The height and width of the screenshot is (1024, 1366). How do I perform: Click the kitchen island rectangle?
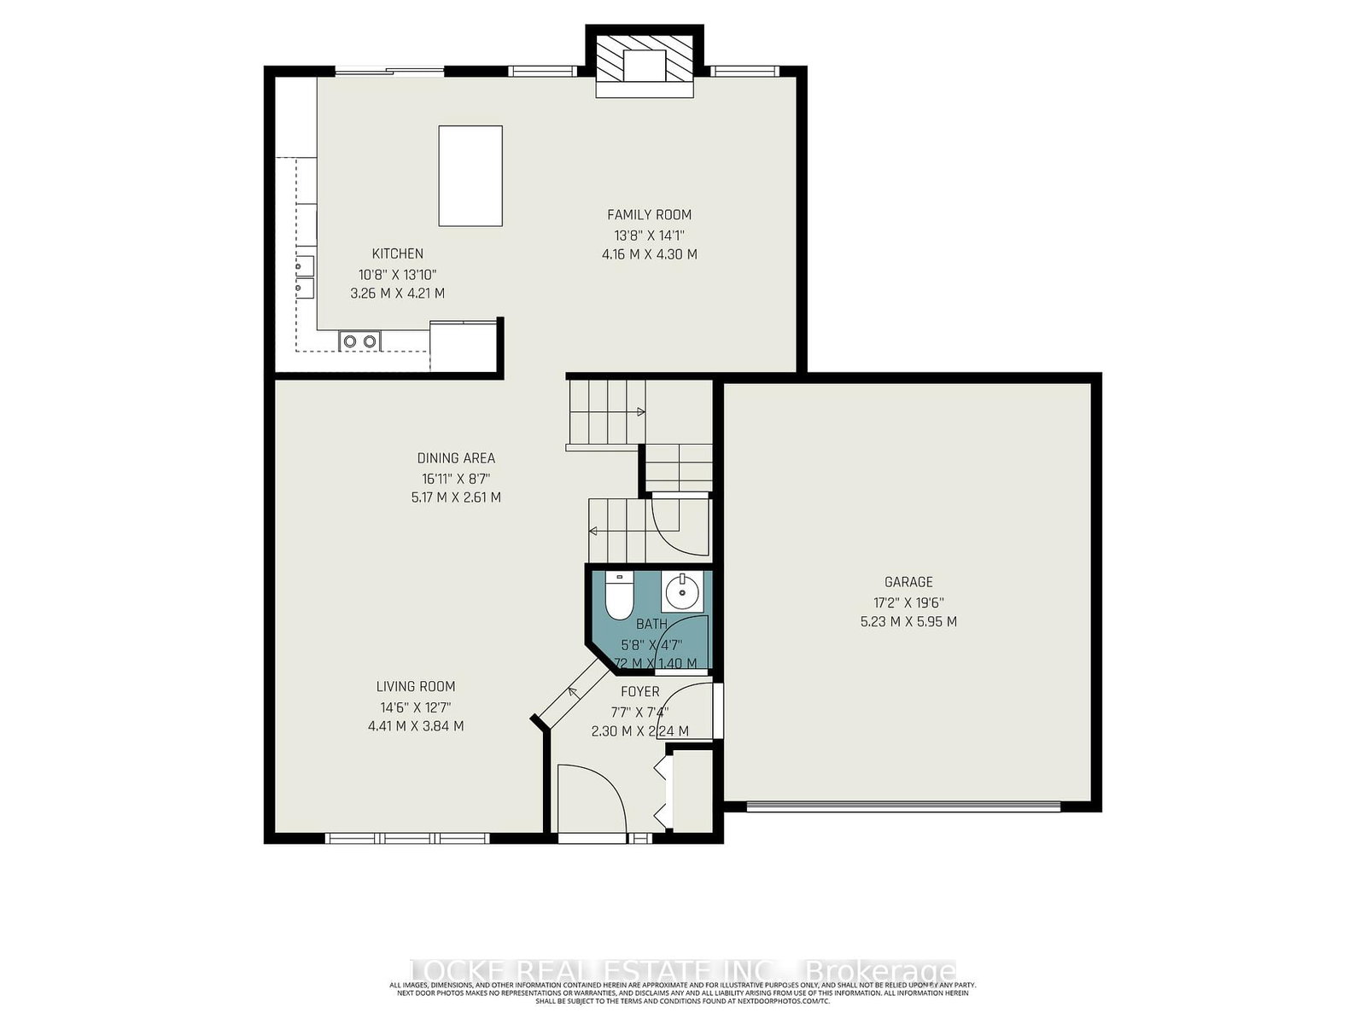pyautogui.click(x=470, y=176)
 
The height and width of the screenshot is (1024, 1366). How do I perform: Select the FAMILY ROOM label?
pyautogui.click(x=649, y=215)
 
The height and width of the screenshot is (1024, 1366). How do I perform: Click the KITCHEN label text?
pyautogui.click(x=397, y=253)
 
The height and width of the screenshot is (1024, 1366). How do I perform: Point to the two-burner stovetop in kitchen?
pyautogui.click(x=359, y=341)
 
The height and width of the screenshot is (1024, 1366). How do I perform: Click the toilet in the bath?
pyautogui.click(x=616, y=596)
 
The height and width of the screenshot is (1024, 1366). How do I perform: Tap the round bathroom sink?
pyautogui.click(x=682, y=591)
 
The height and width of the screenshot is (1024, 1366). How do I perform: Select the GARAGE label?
pyautogui.click(x=908, y=582)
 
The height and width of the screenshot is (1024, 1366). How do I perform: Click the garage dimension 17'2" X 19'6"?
pyautogui.click(x=908, y=602)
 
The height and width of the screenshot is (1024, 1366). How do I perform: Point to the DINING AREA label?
pyautogui.click(x=456, y=458)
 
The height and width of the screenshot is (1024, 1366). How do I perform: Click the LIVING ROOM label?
pyautogui.click(x=416, y=686)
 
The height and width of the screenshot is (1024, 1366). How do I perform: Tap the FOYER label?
pyautogui.click(x=639, y=692)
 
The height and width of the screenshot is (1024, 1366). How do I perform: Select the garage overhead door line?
pyautogui.click(x=903, y=806)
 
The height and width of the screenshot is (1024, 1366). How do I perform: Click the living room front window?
pyautogui.click(x=407, y=838)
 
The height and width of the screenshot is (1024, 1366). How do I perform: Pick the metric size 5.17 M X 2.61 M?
pyautogui.click(x=456, y=497)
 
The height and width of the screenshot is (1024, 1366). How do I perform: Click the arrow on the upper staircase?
pyautogui.click(x=640, y=412)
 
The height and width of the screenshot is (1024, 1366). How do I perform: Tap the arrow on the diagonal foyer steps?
pyautogui.click(x=573, y=692)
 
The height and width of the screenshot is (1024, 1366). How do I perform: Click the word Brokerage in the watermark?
pyautogui.click(x=880, y=971)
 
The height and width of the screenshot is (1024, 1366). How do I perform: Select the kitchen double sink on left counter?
pyautogui.click(x=304, y=276)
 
